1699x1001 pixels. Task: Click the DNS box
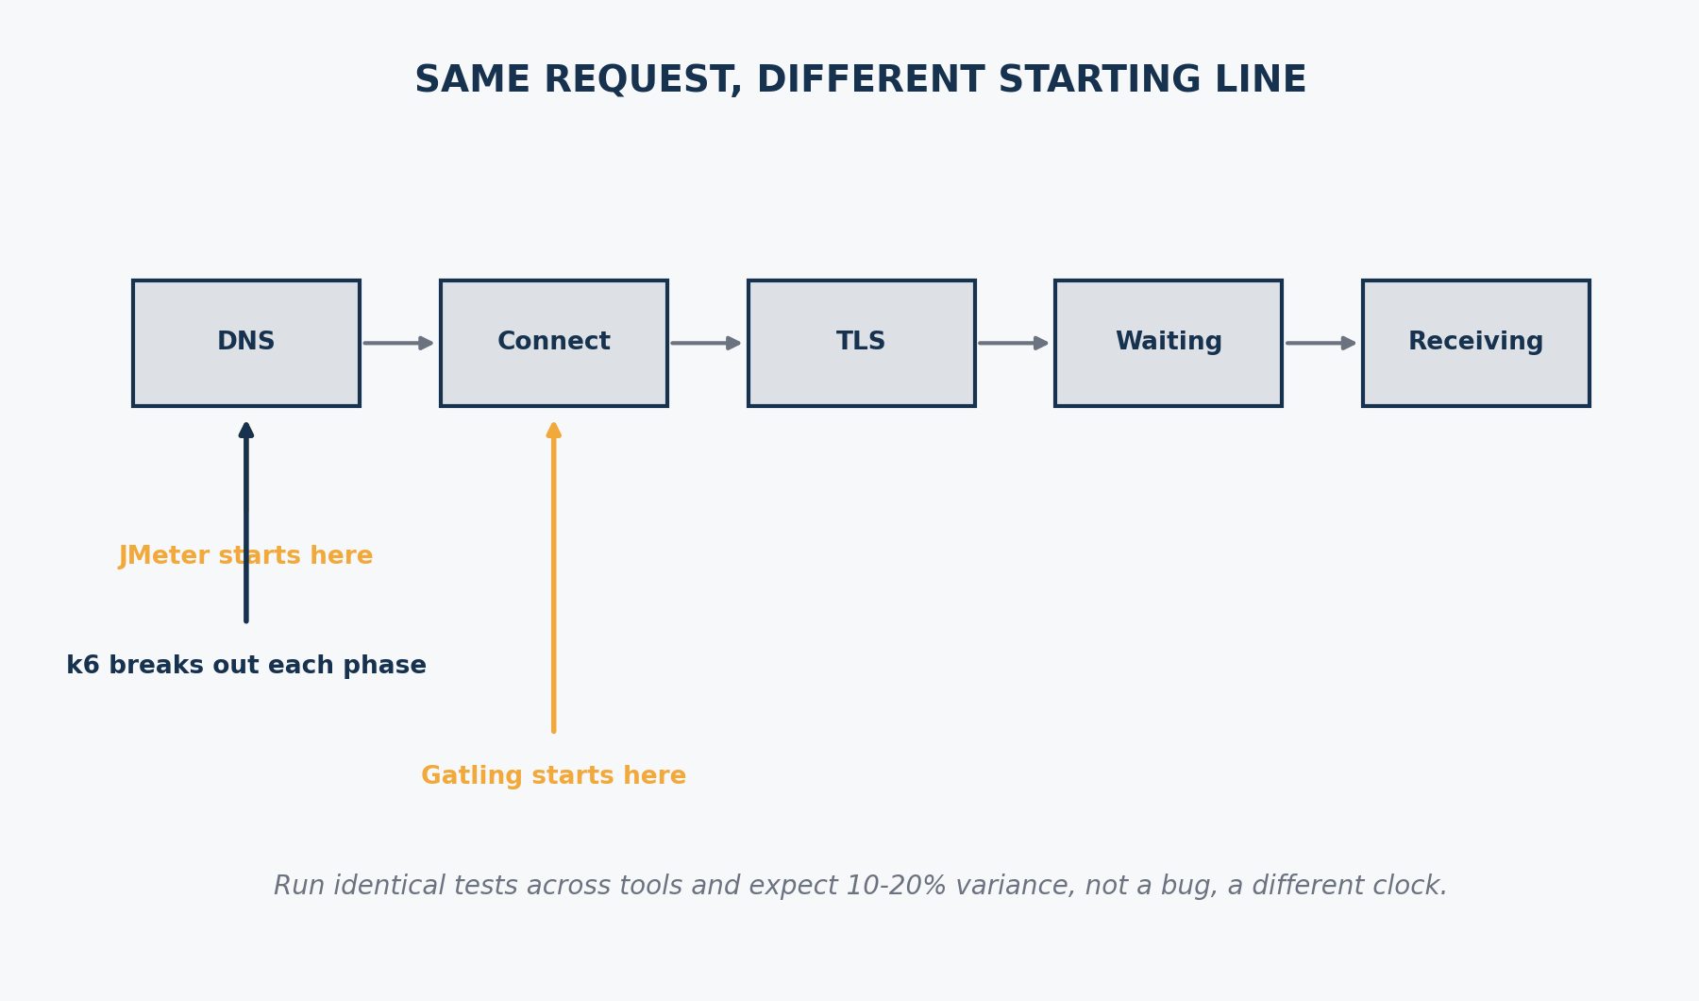click(x=246, y=343)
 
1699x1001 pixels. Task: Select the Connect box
click(x=554, y=343)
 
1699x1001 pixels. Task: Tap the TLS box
click(x=862, y=343)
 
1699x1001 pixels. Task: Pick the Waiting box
click(x=1169, y=343)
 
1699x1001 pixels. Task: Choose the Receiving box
click(x=1476, y=343)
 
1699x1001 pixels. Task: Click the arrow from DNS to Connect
click(x=398, y=343)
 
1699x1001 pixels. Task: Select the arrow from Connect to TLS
click(x=706, y=343)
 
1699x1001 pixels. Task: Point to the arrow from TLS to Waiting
click(x=1014, y=343)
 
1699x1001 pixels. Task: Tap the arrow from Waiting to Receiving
click(x=1321, y=343)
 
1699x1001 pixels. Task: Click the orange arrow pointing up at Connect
click(x=554, y=576)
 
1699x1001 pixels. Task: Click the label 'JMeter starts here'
click(x=246, y=556)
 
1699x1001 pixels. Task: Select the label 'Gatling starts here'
click(x=554, y=776)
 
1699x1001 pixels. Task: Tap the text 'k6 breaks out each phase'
click(x=246, y=666)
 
